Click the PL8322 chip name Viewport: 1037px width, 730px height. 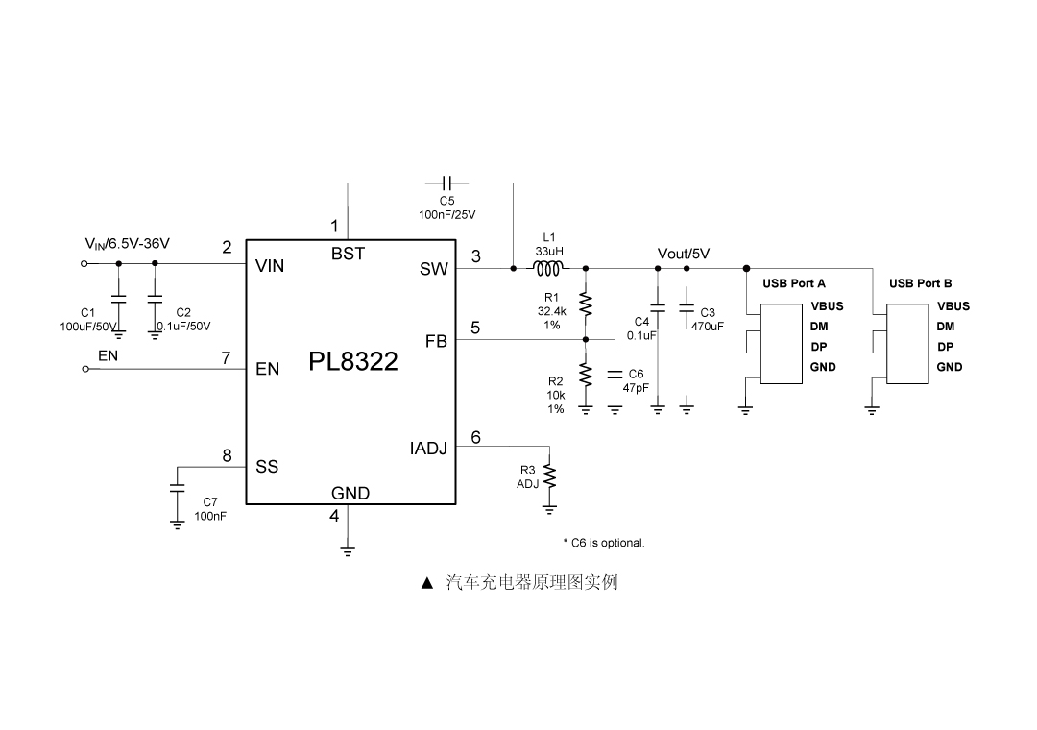[x=352, y=362]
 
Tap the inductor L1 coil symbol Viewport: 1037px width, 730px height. [x=549, y=269]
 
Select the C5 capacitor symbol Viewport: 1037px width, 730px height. [x=447, y=182]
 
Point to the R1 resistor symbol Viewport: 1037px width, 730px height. [x=586, y=304]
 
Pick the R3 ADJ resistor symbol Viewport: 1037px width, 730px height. [x=550, y=475]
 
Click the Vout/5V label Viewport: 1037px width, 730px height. [x=683, y=254]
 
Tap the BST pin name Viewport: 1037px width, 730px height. [x=348, y=255]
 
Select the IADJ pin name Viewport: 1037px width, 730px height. [x=428, y=449]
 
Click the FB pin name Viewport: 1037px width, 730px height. [x=436, y=341]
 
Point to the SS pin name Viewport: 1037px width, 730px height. [x=267, y=467]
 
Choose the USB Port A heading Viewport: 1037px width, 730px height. [x=794, y=283]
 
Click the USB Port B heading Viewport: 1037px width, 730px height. [x=920, y=283]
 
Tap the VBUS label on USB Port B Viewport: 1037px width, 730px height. [x=953, y=306]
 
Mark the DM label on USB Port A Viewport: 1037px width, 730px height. [x=819, y=327]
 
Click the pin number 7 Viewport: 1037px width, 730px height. [x=226, y=357]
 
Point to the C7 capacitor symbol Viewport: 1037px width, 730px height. [x=177, y=488]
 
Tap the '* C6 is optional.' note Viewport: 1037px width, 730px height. [x=603, y=543]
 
